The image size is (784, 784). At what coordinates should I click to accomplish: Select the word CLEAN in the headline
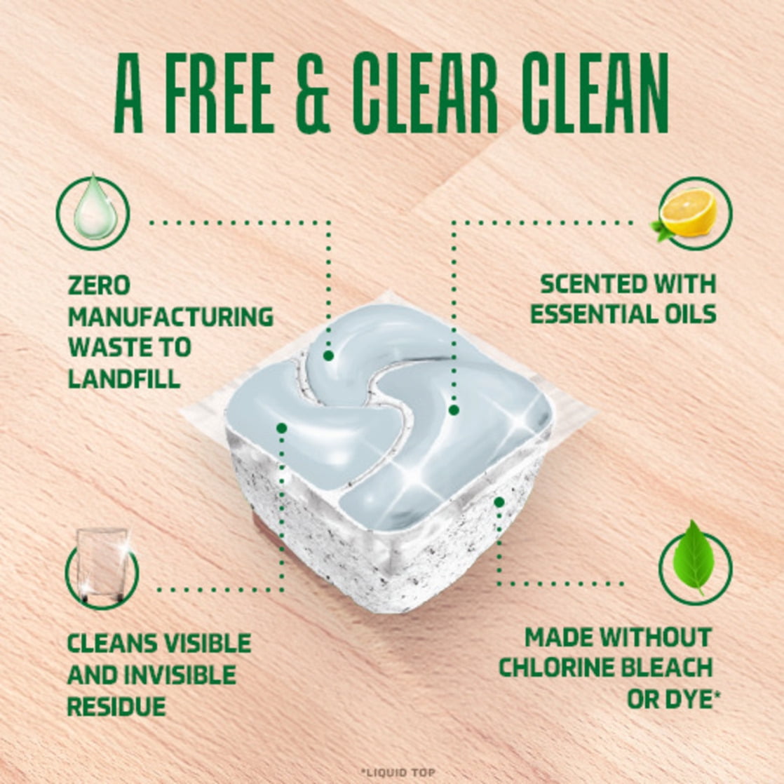click(595, 93)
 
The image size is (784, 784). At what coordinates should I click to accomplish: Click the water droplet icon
click(93, 210)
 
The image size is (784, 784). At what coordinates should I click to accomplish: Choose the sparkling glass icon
click(102, 567)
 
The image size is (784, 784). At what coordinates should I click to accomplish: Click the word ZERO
click(99, 285)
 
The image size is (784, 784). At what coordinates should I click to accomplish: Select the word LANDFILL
click(124, 379)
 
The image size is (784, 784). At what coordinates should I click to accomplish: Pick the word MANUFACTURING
click(170, 316)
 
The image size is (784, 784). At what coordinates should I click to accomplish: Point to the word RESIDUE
click(116, 706)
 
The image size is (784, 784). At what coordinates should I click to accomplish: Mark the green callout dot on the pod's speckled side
click(499, 501)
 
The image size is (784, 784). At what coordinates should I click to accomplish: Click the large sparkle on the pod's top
click(419, 474)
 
